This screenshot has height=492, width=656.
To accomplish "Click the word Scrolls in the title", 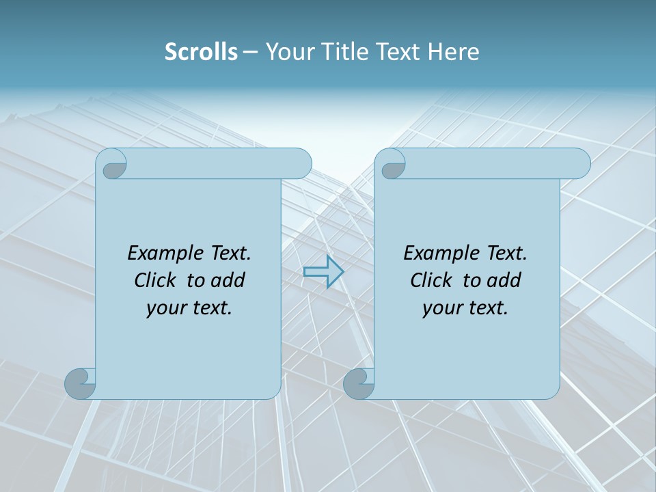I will (201, 52).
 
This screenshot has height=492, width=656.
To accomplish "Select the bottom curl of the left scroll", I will (81, 383).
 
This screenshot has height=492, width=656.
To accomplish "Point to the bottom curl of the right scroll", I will (359, 383).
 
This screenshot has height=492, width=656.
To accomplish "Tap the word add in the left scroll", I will (228, 280).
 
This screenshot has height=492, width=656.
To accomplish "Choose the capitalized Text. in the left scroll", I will (230, 254).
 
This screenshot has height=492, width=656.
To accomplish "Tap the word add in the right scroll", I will (504, 280).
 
